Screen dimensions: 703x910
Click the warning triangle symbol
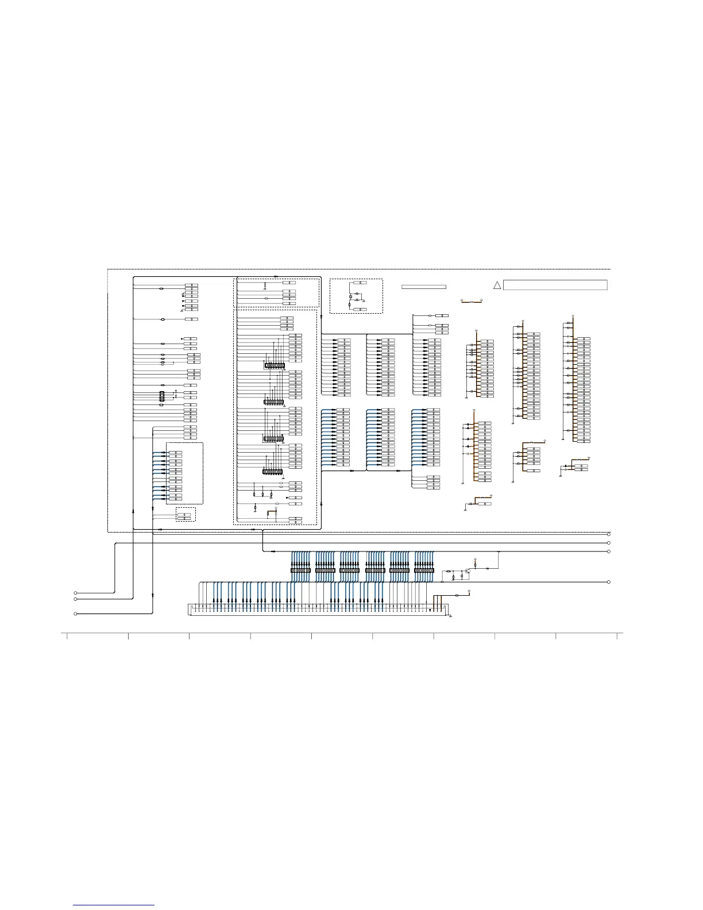[497, 286]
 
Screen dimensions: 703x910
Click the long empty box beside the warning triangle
[555, 285]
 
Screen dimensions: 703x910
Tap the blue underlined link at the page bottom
[114, 906]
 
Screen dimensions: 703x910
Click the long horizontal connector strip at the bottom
[310, 609]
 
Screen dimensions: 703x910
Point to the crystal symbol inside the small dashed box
[350, 297]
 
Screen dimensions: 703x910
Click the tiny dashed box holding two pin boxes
[186, 514]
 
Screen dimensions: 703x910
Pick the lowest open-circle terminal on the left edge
[76, 614]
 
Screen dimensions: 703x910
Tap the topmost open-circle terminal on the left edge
[76, 592]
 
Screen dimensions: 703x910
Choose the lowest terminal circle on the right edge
[609, 582]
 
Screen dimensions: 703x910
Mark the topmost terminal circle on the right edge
[609, 534]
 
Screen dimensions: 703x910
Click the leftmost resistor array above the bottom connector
[300, 570]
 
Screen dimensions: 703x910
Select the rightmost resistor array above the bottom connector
[424, 570]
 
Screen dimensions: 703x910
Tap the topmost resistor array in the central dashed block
[274, 365]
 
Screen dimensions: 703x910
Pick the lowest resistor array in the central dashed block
[272, 472]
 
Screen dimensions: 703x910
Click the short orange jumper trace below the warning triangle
[472, 301]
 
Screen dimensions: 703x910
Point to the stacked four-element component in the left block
[162, 396]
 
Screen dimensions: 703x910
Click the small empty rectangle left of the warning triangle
[424, 286]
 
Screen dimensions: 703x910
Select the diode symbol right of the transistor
[487, 568]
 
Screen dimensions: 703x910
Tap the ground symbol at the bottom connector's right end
[450, 616]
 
